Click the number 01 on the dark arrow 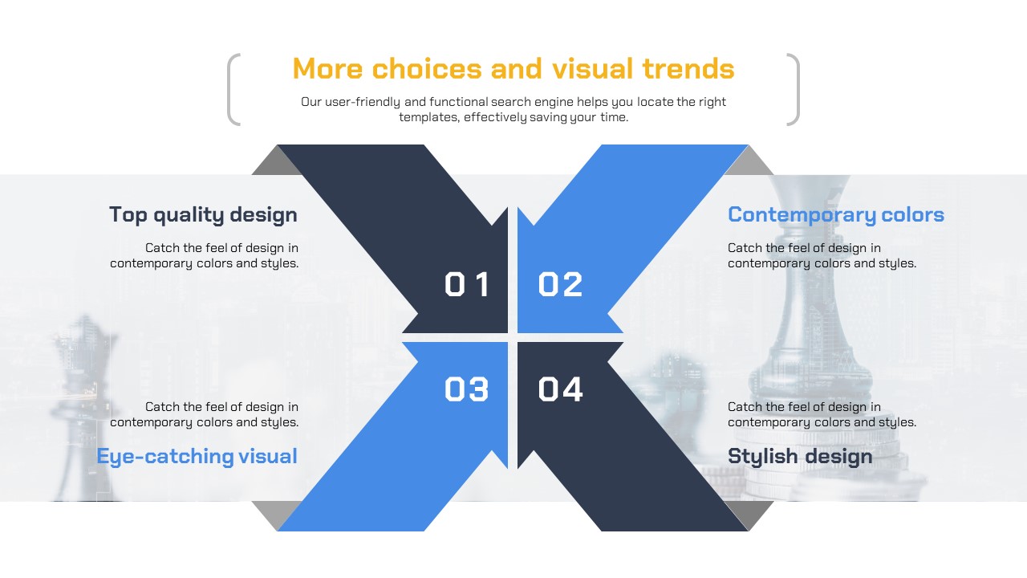(x=467, y=284)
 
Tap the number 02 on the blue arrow (x=560, y=284)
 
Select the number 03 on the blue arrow (x=467, y=389)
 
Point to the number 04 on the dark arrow (x=560, y=389)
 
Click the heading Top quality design (x=203, y=215)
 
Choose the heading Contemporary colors (x=836, y=215)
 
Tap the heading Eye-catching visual (x=197, y=457)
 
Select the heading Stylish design (x=800, y=457)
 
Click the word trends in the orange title (x=688, y=69)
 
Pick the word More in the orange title (x=328, y=69)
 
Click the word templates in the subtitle (x=428, y=117)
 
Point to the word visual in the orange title (x=593, y=69)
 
